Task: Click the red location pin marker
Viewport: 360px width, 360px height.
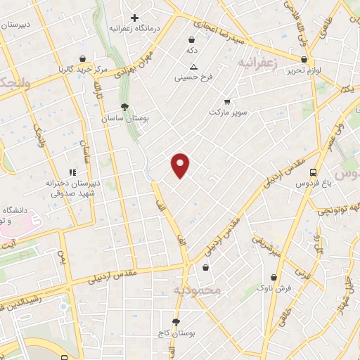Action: coord(181,165)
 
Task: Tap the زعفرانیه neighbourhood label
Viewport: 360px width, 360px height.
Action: coord(259,63)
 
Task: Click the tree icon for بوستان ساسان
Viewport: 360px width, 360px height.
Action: coord(124,107)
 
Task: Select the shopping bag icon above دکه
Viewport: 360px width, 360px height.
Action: coord(192,40)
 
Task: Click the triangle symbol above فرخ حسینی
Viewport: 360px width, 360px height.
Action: coord(194,65)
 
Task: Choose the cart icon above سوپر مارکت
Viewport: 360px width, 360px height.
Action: coord(226,101)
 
